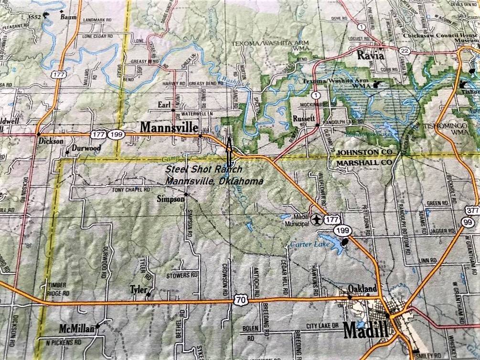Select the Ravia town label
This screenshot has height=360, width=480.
[x=371, y=55]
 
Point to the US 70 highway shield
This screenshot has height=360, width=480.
[x=240, y=300]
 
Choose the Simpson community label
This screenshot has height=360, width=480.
[x=171, y=199]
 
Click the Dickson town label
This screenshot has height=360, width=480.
[x=51, y=142]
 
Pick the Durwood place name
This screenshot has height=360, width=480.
[x=86, y=148]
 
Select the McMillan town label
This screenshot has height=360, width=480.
[x=76, y=328]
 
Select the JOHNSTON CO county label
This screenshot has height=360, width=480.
[x=364, y=152]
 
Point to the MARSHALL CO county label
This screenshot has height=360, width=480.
[x=364, y=163]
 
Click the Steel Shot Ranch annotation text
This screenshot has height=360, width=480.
[x=204, y=169]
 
